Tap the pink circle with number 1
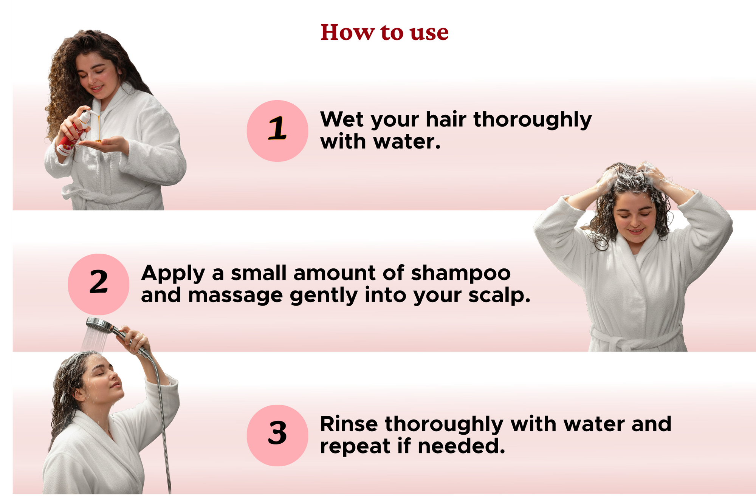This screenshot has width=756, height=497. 277,131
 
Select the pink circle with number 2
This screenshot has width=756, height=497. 98,284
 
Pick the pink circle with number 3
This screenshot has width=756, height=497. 277,435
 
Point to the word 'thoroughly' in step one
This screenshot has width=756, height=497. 533,120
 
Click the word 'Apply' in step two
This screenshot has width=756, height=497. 173,274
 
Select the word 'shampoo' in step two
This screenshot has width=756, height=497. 461,274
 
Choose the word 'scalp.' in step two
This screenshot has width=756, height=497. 499,296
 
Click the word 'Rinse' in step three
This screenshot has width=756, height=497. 349,424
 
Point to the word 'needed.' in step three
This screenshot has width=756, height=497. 461,446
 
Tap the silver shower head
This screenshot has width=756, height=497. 99,324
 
